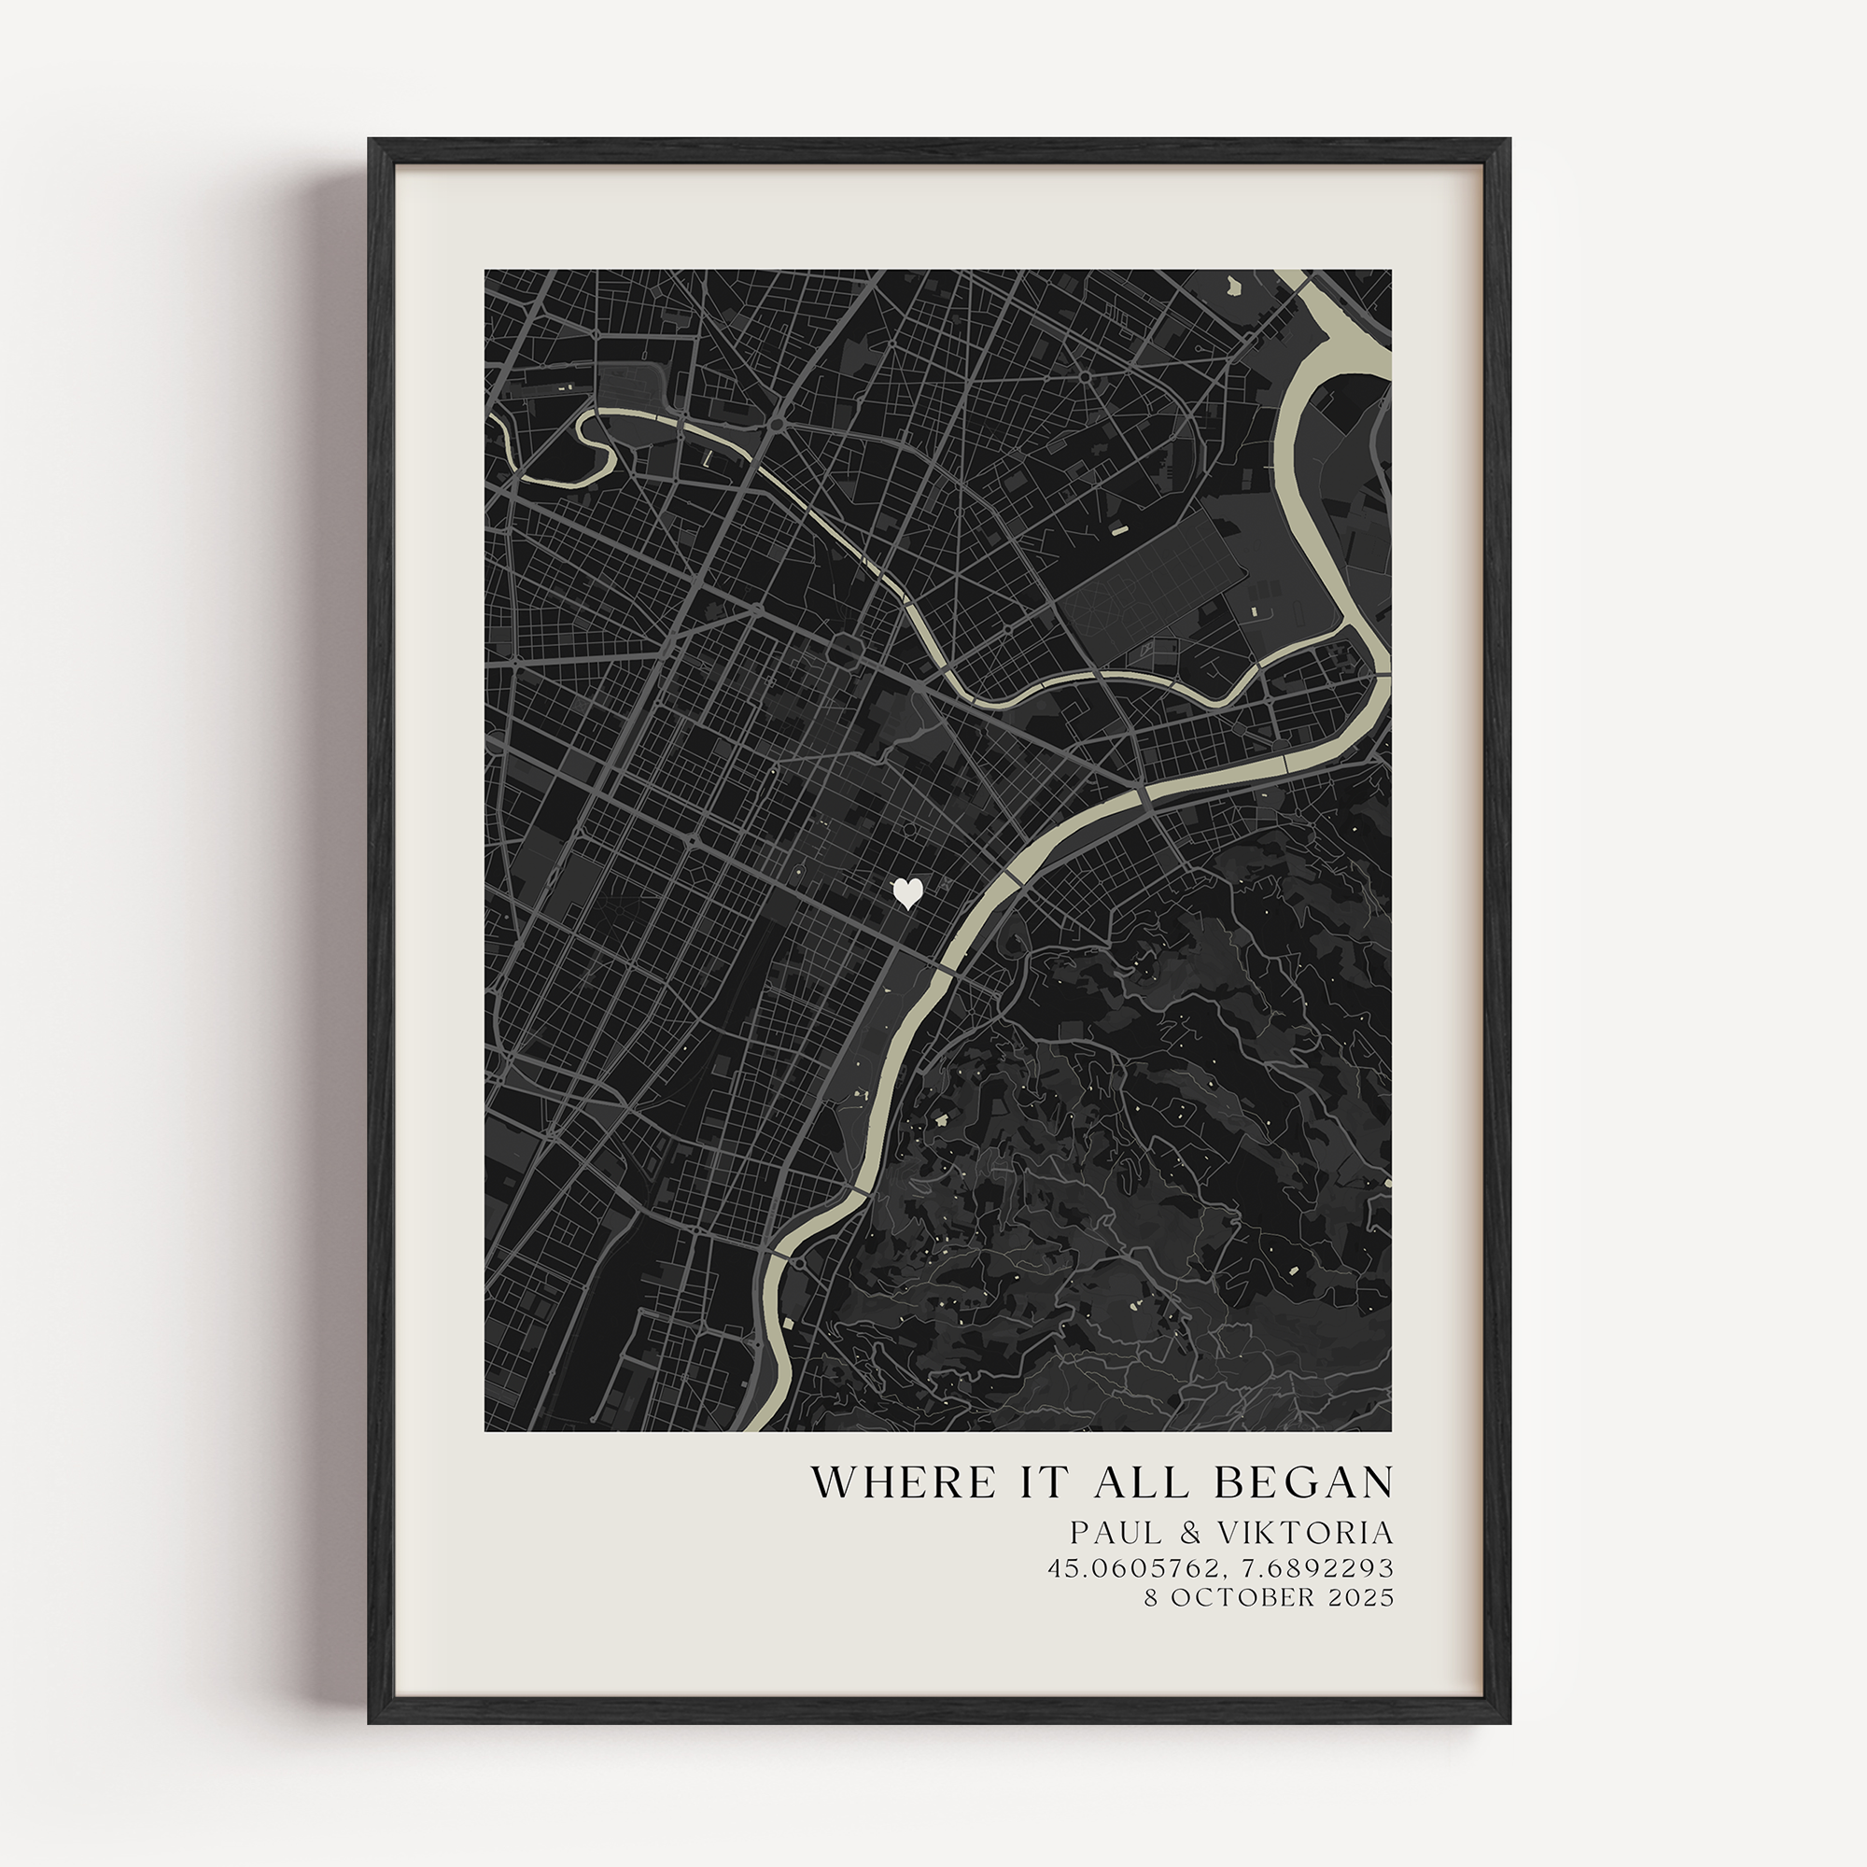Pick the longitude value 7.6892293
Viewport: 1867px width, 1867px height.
click(x=1311, y=1567)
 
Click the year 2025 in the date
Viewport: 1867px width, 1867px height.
click(x=1362, y=1597)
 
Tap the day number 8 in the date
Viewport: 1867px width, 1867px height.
click(x=1151, y=1597)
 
